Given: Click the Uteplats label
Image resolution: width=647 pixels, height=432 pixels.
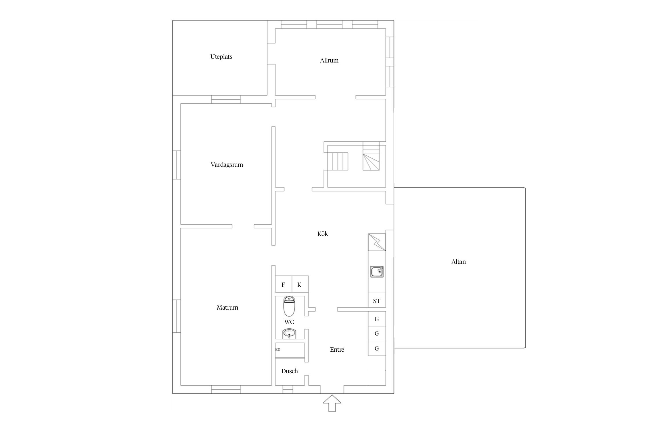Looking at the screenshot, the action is click(x=221, y=57).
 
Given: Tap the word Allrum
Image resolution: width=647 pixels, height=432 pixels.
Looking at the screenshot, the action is click(x=329, y=60).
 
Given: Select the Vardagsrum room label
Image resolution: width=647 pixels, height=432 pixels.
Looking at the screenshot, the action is click(x=227, y=165).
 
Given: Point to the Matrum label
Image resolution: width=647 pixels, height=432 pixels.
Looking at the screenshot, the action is click(x=227, y=308).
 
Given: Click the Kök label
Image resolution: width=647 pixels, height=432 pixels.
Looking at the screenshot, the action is click(x=322, y=234).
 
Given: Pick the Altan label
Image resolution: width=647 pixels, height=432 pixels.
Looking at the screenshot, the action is click(x=458, y=262).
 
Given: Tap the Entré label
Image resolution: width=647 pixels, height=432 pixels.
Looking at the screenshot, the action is click(x=337, y=350).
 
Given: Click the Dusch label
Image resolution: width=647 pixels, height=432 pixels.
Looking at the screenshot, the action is click(x=289, y=371).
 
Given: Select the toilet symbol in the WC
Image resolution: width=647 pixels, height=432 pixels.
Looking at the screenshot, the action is click(x=289, y=306).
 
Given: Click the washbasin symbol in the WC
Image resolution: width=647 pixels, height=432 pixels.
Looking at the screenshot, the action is click(x=289, y=334).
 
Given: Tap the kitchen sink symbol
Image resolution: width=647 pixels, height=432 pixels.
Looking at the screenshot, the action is click(x=377, y=272).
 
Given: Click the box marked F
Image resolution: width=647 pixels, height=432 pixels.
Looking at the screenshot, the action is click(x=284, y=284).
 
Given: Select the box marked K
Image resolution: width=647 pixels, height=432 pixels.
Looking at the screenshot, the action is click(x=300, y=284).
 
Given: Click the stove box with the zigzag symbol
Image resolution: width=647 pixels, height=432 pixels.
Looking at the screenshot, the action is click(x=377, y=242).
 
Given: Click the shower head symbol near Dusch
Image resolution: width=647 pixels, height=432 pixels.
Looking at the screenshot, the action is click(x=277, y=350).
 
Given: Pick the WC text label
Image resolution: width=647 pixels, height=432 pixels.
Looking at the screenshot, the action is click(x=289, y=322).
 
